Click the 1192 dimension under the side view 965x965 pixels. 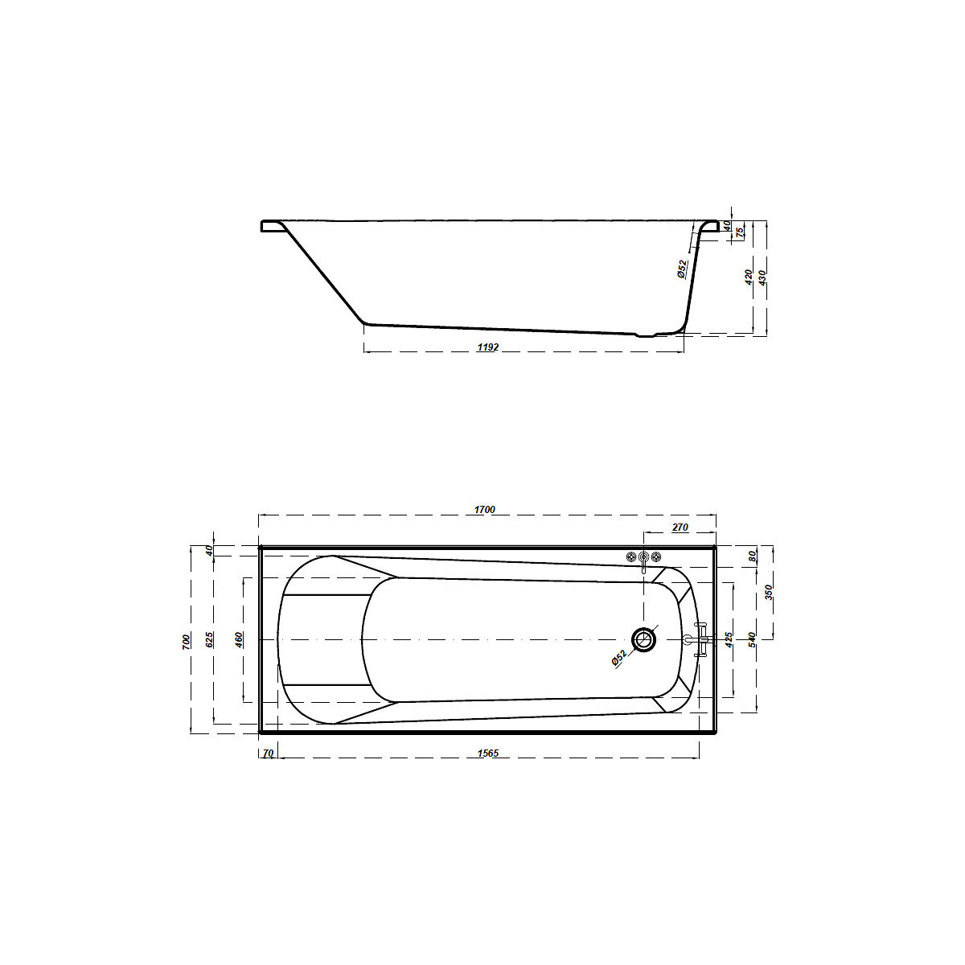[488, 347]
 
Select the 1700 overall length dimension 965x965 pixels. [484, 510]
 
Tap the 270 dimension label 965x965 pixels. [680, 528]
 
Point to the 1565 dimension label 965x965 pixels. [488, 754]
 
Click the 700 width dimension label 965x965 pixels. [187, 642]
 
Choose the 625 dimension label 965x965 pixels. [209, 639]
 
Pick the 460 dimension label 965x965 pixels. [239, 640]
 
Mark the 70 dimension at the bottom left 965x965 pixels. [268, 754]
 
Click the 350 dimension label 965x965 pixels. [769, 593]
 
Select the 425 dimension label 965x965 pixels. [729, 640]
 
